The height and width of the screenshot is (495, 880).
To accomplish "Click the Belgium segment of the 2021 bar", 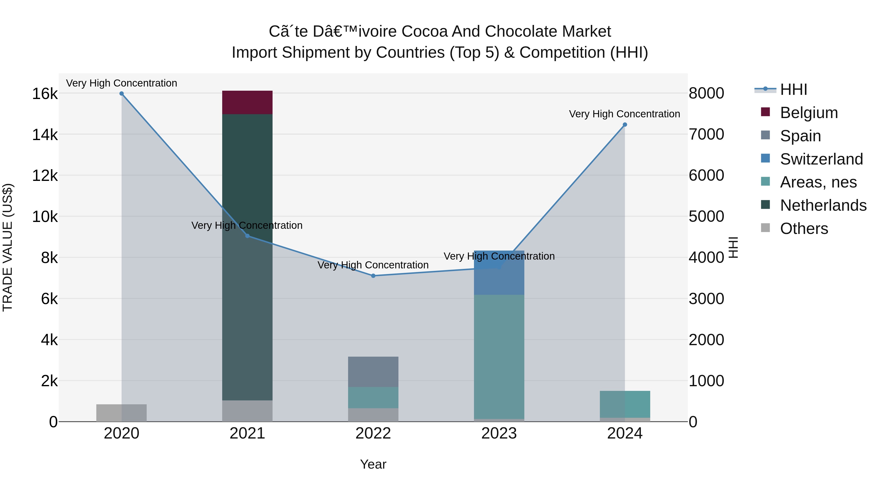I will pos(247,102).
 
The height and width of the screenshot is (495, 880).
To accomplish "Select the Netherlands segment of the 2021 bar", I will pos(247,256).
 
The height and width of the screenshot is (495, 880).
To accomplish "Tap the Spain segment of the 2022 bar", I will pos(373,372).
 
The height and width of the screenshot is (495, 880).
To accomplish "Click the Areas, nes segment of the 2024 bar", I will pos(625,404).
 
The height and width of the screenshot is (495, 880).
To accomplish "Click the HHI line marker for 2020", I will pos(122,94).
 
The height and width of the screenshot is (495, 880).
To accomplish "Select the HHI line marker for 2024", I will pos(625,125).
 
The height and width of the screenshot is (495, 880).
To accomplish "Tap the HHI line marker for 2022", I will pos(373,276).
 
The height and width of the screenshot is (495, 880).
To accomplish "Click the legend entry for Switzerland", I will pos(821,159).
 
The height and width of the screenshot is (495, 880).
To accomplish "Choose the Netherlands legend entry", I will pos(823,205).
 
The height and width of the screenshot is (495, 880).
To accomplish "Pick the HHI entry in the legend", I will pos(793,89).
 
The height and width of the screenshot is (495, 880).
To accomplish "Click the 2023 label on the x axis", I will pos(499,433).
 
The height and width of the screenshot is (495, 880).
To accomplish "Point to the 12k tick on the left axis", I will pos(45,176).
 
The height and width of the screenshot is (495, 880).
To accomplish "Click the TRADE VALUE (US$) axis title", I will pos(8,247).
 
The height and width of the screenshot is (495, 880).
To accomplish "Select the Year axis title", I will pos(373,464).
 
